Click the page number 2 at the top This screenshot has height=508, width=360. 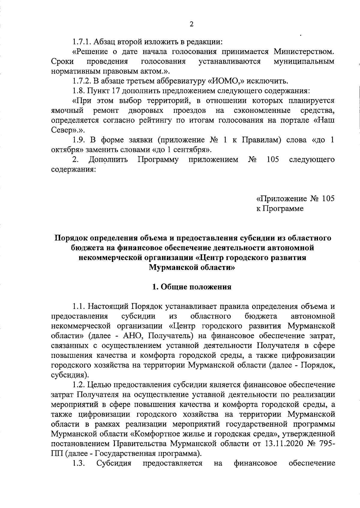point(191,24)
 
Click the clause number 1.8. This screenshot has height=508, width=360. point(78,91)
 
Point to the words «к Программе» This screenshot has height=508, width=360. point(280,209)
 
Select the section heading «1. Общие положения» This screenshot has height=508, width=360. point(192,287)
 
